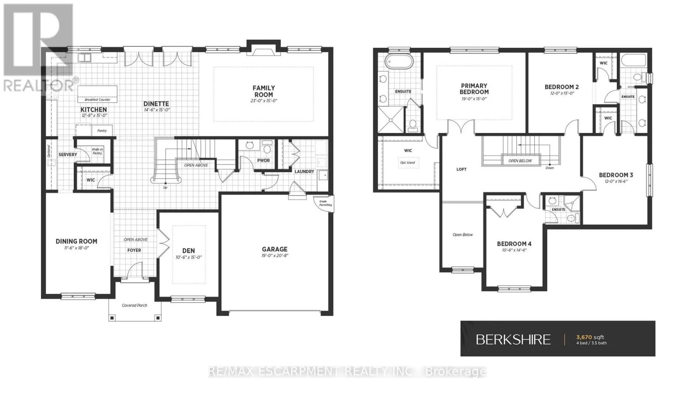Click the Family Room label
(264, 91)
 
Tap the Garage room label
(275, 249)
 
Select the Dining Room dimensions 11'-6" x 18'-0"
(76, 248)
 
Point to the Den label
(189, 251)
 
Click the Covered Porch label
(134, 306)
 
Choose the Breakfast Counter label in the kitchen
(97, 100)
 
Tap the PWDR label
(263, 160)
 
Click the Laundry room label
(304, 171)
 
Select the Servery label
(68, 154)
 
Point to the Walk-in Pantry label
(97, 151)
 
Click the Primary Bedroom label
(474, 89)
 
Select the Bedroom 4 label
(514, 244)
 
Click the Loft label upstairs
(461, 169)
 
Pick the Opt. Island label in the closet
(407, 163)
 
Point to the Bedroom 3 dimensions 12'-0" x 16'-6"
(616, 181)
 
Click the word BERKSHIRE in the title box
(513, 339)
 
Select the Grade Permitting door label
(325, 203)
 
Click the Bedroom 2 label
(562, 87)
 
